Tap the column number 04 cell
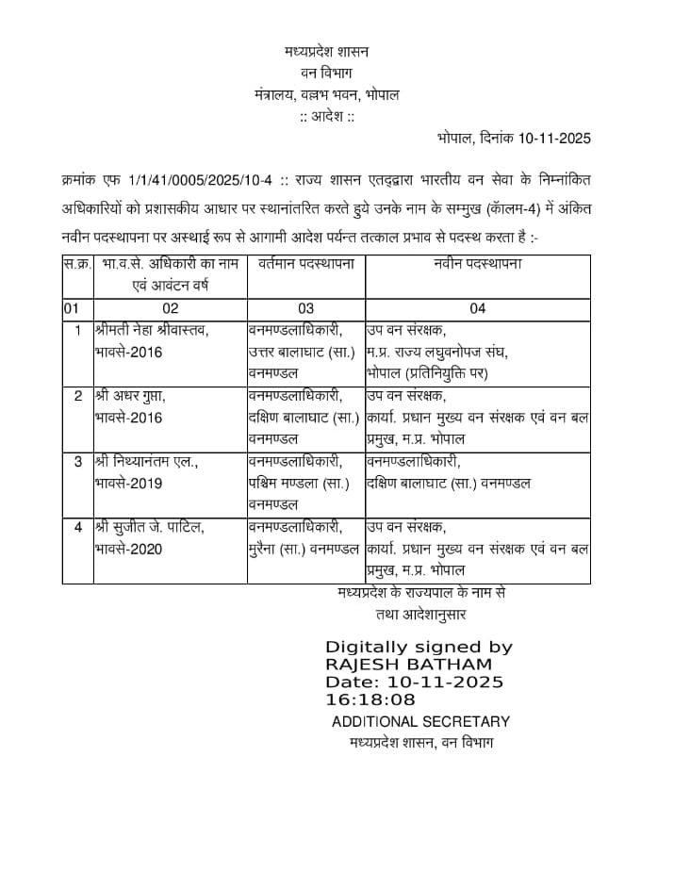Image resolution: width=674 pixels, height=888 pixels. (x=477, y=308)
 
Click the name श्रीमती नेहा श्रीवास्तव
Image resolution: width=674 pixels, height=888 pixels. (x=151, y=330)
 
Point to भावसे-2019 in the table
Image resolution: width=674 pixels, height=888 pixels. (x=129, y=484)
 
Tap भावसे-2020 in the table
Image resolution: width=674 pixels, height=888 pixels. (x=129, y=549)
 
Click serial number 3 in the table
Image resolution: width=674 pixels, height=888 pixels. (x=78, y=462)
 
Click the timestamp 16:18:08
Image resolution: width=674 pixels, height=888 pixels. (x=370, y=699)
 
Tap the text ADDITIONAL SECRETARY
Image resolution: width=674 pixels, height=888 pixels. (x=420, y=722)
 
